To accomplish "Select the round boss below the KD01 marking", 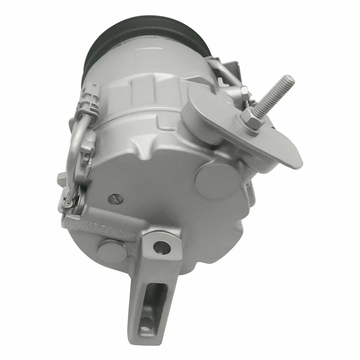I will click(111, 249).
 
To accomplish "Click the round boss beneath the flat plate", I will click(212, 176).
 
